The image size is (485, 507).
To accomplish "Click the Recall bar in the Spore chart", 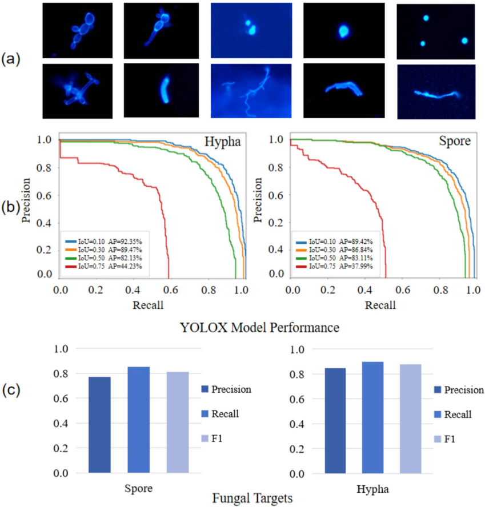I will click(x=139, y=420).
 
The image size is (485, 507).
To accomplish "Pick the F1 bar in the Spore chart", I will click(x=178, y=422).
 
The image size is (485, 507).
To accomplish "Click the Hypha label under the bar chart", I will click(x=372, y=489).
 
